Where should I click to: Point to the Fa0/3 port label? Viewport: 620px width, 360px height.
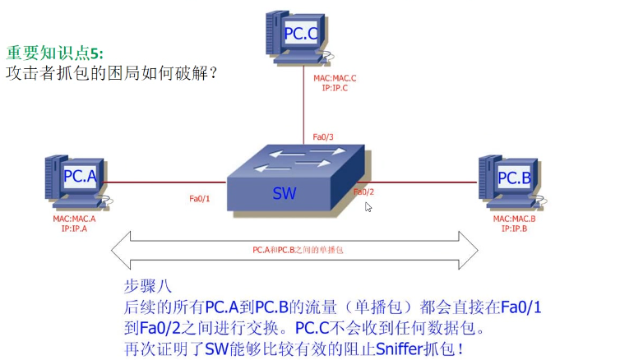(x=323, y=137)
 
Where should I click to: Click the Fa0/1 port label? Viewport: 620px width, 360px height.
(x=200, y=199)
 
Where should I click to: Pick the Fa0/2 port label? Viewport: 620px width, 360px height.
(x=364, y=192)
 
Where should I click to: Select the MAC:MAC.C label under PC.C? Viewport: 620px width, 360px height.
(x=335, y=79)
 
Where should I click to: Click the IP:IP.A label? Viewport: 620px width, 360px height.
(x=74, y=228)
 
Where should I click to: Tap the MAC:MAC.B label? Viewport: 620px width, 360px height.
(x=514, y=219)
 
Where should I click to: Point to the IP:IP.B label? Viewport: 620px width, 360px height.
(x=514, y=228)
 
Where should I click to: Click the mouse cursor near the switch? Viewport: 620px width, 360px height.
(x=368, y=206)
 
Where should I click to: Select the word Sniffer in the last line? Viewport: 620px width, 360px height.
(x=402, y=348)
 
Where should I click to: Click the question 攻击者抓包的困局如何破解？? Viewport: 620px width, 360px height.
(x=112, y=73)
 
